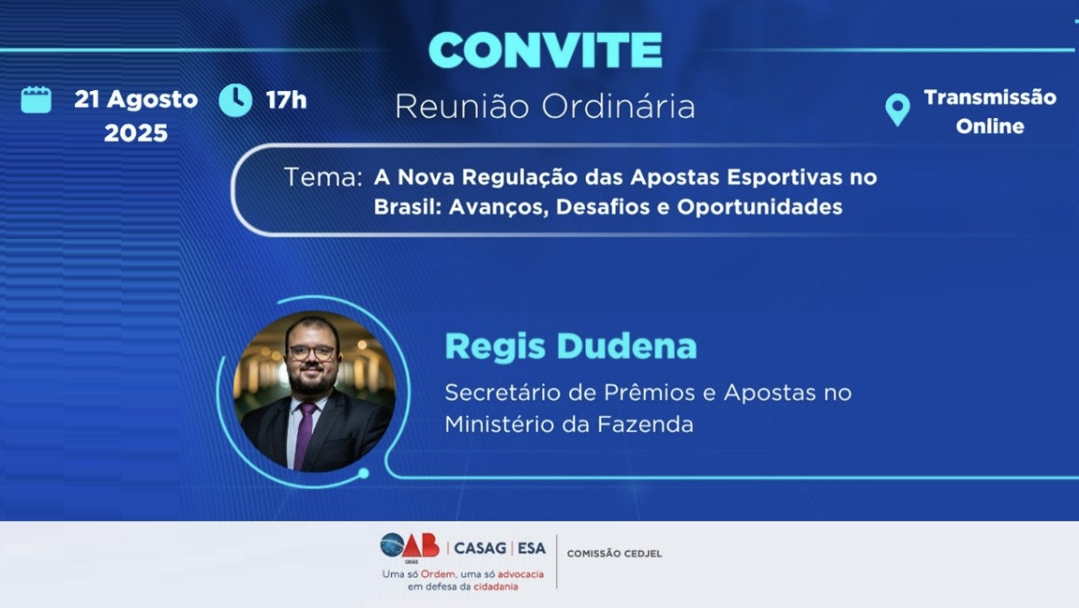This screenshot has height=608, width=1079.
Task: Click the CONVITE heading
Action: (545, 51)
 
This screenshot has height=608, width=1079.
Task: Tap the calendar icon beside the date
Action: (36, 99)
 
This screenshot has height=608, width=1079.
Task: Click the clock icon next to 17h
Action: (235, 100)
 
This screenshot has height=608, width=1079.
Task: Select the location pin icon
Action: (898, 110)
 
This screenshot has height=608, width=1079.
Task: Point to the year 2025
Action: (136, 133)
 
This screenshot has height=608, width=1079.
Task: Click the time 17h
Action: (286, 100)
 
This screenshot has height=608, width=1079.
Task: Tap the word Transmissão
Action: (990, 98)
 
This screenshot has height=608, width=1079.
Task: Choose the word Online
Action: (990, 126)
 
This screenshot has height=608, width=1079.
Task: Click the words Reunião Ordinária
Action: (545, 106)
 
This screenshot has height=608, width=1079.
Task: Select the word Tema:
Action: (323, 177)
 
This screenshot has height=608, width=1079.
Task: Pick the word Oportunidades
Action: (760, 207)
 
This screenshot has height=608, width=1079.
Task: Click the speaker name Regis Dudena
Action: (571, 346)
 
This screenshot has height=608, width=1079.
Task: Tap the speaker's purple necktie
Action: (305, 435)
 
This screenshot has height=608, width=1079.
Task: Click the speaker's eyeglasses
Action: (312, 353)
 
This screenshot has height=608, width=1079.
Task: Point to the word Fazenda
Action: (646, 424)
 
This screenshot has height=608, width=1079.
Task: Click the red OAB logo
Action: (420, 546)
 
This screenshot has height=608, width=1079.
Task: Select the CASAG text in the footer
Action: (480, 548)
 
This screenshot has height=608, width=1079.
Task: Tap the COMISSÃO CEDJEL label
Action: (615, 553)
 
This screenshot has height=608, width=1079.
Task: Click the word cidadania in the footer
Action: (496, 587)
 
